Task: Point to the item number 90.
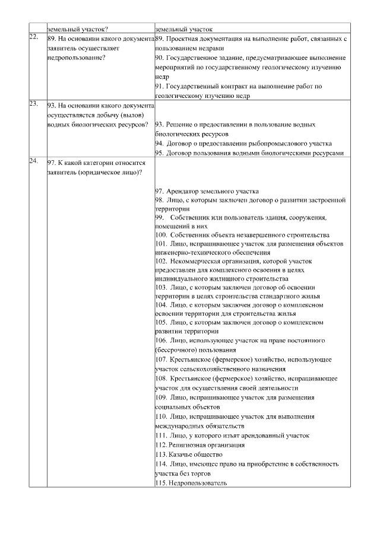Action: [160, 58]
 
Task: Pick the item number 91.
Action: [160, 86]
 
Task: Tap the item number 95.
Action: [160, 153]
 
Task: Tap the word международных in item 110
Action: [179, 425]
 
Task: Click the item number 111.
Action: [161, 435]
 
